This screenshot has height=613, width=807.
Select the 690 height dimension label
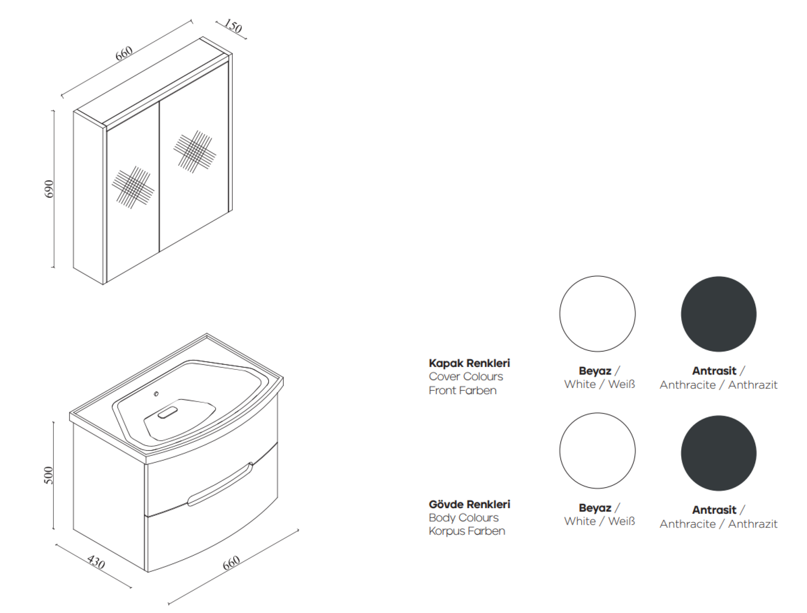tap(49, 189)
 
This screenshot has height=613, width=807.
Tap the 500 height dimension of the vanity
tap(49, 475)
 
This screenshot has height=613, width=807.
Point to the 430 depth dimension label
tap(96, 561)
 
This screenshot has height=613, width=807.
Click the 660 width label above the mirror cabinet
tap(124, 53)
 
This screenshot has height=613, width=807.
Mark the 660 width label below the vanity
tap(231, 563)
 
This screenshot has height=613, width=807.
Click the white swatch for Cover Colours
tap(597, 314)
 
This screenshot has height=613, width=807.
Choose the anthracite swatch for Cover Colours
tap(719, 314)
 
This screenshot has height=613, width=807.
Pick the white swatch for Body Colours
tap(597, 451)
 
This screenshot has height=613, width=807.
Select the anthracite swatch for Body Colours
tap(719, 453)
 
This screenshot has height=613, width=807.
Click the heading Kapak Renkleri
tap(469, 363)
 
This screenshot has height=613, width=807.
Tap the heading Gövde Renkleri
tap(469, 504)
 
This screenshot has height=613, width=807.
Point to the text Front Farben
tap(462, 390)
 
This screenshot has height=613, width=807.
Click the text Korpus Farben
tap(467, 531)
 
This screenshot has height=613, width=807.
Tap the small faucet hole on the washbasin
tap(156, 394)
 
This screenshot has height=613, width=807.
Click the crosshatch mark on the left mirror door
tap(133, 187)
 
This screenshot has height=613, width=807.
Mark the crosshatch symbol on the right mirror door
tap(195, 151)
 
